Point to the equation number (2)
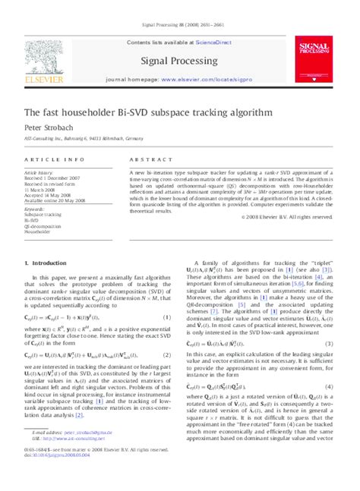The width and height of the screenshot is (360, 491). pyautogui.click(x=167, y=334)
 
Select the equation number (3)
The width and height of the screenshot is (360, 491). pyautogui.click(x=331, y=322)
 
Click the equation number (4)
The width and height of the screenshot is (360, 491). pyautogui.click(x=331, y=364)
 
